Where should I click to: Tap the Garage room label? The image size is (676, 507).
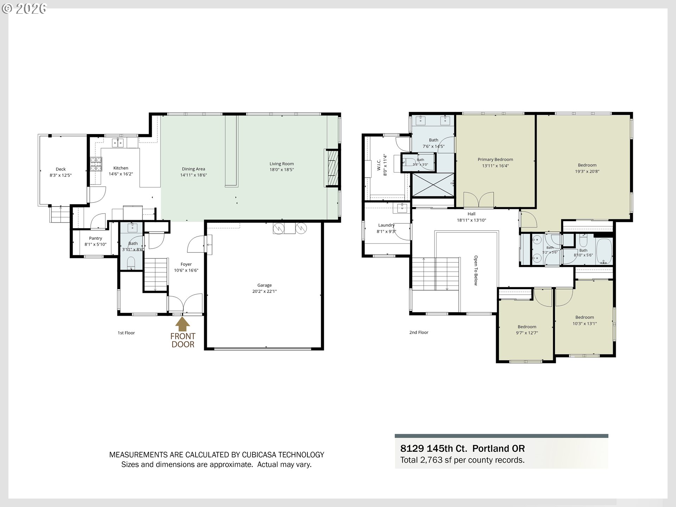264,285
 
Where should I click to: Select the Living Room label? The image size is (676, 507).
282,164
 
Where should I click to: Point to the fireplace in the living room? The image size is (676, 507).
332,168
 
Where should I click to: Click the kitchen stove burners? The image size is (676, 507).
96,164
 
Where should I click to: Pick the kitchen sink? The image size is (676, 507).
118,143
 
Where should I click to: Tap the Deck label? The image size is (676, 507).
61,169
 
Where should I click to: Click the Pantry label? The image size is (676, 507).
95,238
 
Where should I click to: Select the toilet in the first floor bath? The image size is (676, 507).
131,262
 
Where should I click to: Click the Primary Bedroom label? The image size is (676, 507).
495,159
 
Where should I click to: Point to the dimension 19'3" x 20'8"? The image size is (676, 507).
587,171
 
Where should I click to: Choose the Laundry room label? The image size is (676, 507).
386,225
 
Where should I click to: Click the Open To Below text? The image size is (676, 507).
476,270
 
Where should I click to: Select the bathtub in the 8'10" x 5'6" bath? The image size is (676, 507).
604,251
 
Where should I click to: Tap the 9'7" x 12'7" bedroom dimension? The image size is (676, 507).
527,333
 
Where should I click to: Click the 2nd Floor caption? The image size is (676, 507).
419,332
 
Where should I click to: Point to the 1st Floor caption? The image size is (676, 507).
126,333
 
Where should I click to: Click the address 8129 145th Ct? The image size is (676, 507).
434,449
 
